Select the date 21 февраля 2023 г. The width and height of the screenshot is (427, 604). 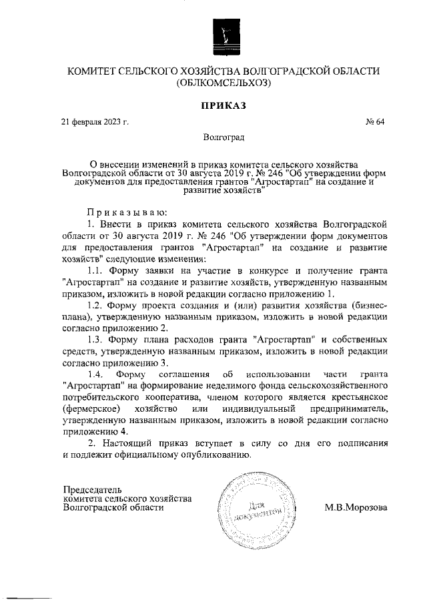tap(95, 123)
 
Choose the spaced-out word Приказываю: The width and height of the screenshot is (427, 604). tap(125, 211)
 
